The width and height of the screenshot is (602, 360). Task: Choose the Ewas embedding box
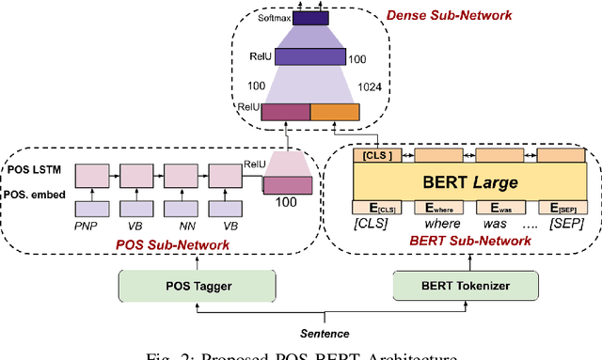(499, 208)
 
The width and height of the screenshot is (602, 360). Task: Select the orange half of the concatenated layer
(334, 112)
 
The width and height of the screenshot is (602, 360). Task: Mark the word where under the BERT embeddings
(436, 224)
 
